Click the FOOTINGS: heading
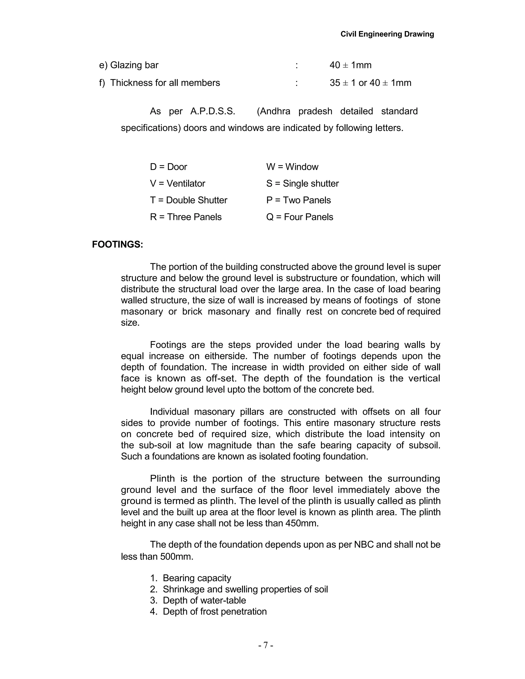[118, 244]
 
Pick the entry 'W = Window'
[292, 167]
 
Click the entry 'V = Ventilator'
[177, 183]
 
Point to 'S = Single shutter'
[302, 183]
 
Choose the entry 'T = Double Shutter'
[188, 200]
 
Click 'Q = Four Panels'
[299, 217]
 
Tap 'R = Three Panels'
[186, 217]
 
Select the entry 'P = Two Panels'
[298, 200]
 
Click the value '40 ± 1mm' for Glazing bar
[350, 65]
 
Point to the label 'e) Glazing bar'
[129, 65]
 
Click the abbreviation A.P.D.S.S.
[213, 111]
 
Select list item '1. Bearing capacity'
[191, 578]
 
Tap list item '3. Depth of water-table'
[198, 600]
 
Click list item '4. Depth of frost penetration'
[208, 612]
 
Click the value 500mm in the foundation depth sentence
[177, 557]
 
